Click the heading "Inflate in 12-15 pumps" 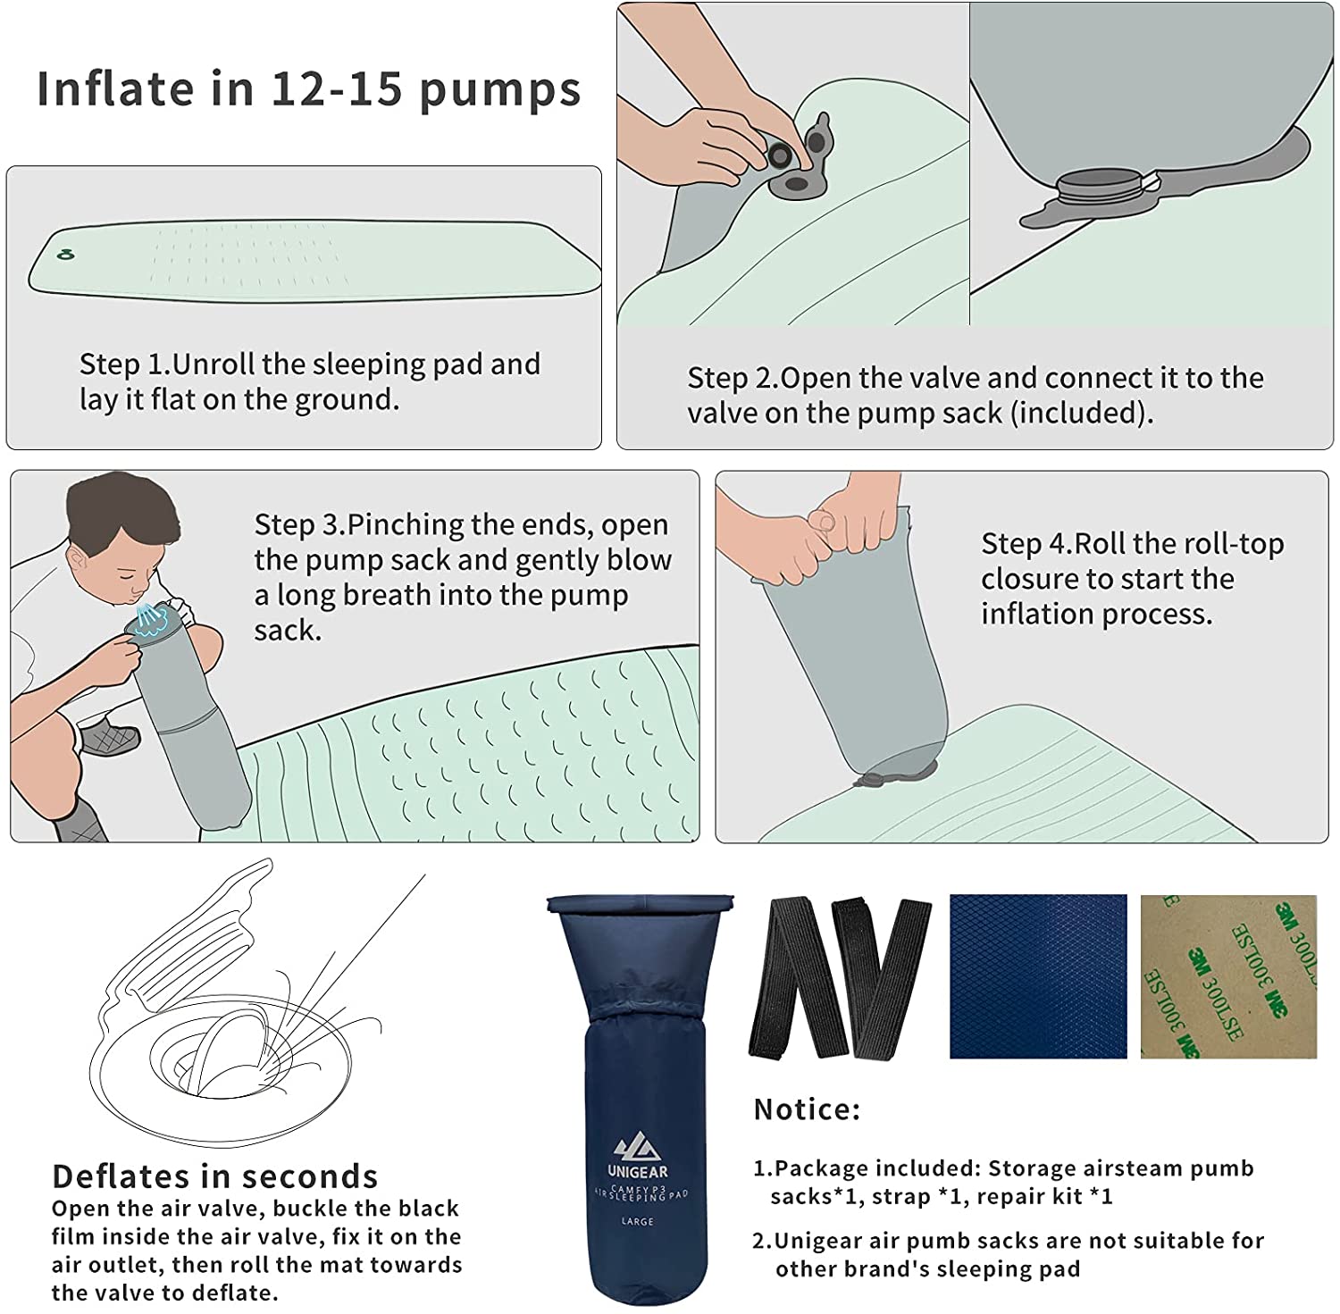tap(308, 89)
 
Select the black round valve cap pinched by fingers tap(779, 155)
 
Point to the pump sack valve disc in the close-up tap(1100, 189)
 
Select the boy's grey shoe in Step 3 tap(110, 737)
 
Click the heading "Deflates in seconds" tap(215, 1176)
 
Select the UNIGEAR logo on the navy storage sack tap(638, 1157)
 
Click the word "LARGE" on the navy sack tap(638, 1221)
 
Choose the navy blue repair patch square tap(1038, 976)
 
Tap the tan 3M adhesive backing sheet tap(1228, 976)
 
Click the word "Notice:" tap(808, 1109)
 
